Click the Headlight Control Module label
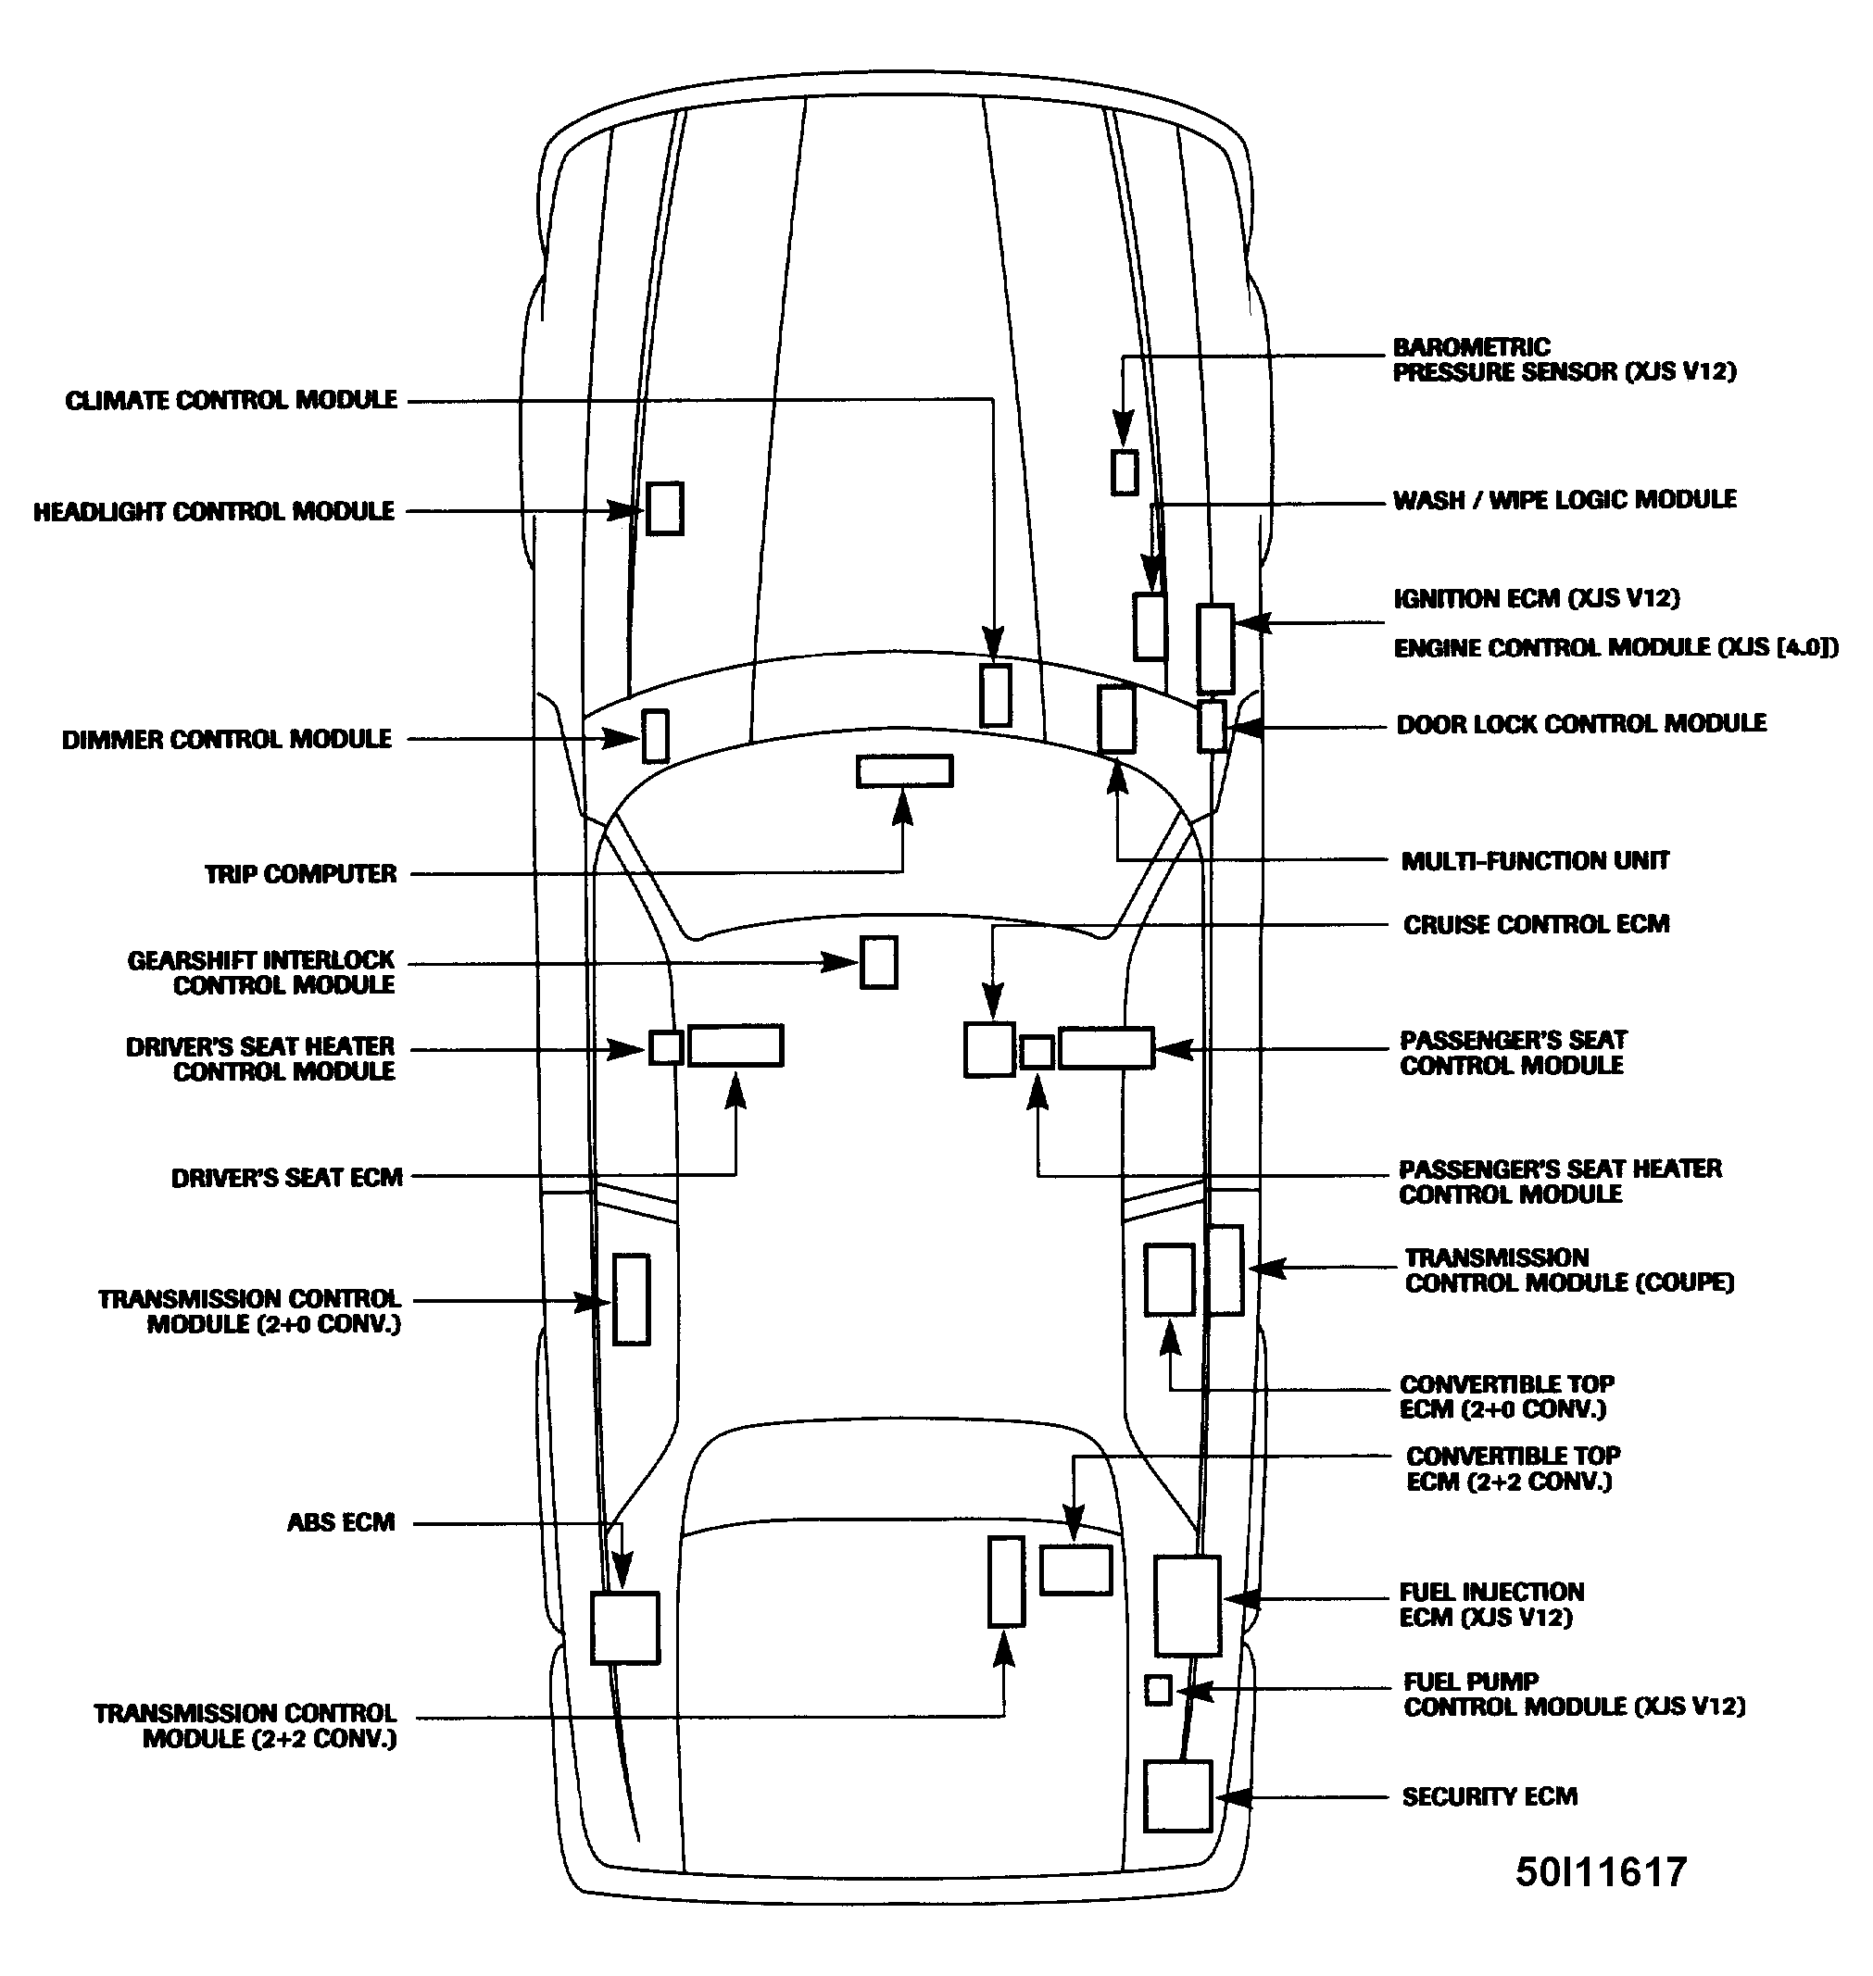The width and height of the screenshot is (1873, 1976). click(x=214, y=512)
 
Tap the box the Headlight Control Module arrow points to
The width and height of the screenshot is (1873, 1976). click(x=664, y=508)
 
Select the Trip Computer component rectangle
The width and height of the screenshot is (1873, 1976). click(x=903, y=771)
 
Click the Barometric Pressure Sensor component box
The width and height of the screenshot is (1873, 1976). click(x=1125, y=472)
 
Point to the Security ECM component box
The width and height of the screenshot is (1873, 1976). click(x=1177, y=1797)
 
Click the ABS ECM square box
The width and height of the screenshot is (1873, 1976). click(x=625, y=1628)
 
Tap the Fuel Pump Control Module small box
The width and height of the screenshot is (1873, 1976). click(x=1157, y=1690)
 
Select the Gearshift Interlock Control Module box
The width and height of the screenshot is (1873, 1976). click(x=878, y=962)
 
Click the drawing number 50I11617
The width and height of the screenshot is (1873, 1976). click(x=1601, y=1872)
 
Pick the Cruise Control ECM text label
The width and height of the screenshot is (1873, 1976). click(x=1536, y=924)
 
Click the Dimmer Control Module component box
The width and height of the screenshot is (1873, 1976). click(x=655, y=735)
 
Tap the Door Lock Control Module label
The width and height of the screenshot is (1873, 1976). click(x=1580, y=723)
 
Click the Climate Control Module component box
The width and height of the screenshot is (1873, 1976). click(x=996, y=694)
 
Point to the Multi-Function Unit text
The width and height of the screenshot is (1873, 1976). click(x=1535, y=860)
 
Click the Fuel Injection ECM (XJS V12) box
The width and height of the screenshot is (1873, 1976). click(x=1188, y=1605)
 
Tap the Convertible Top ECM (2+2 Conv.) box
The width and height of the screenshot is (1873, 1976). click(x=1075, y=1570)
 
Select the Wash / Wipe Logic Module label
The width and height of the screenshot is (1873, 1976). click(x=1564, y=499)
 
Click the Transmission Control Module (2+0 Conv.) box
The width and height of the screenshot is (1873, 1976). click(x=631, y=1299)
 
